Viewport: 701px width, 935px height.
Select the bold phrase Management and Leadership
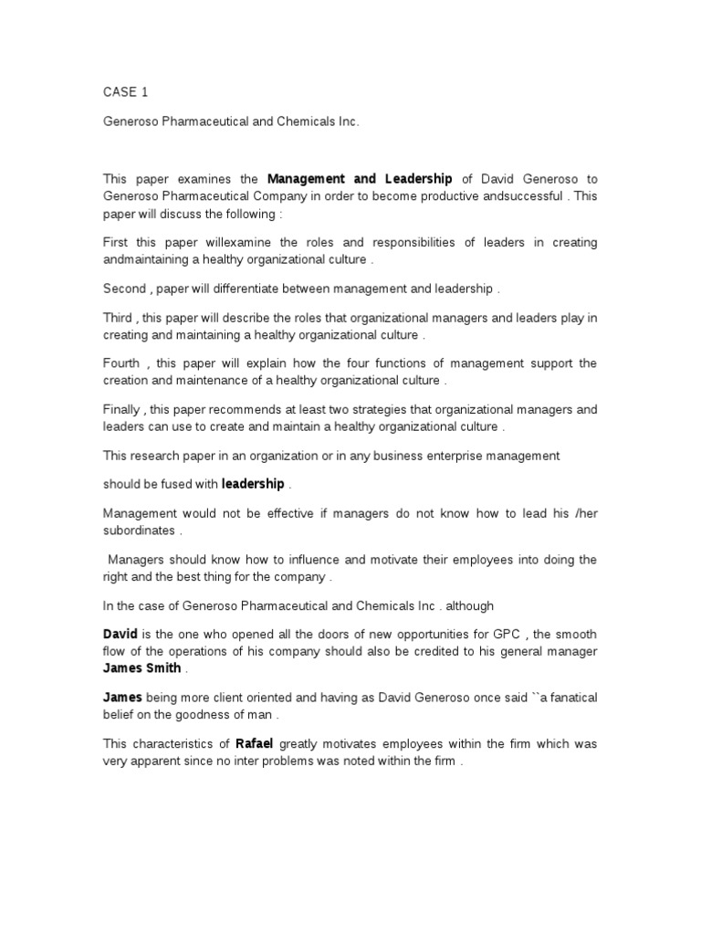click(x=360, y=179)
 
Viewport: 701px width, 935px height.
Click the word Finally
click(x=121, y=410)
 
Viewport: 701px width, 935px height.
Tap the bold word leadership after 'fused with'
click(x=253, y=484)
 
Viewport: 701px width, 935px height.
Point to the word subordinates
click(x=139, y=531)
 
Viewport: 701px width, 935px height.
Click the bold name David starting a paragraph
click(x=120, y=635)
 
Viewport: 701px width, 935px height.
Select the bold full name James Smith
click(x=141, y=668)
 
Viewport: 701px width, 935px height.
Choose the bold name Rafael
click(x=256, y=744)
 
